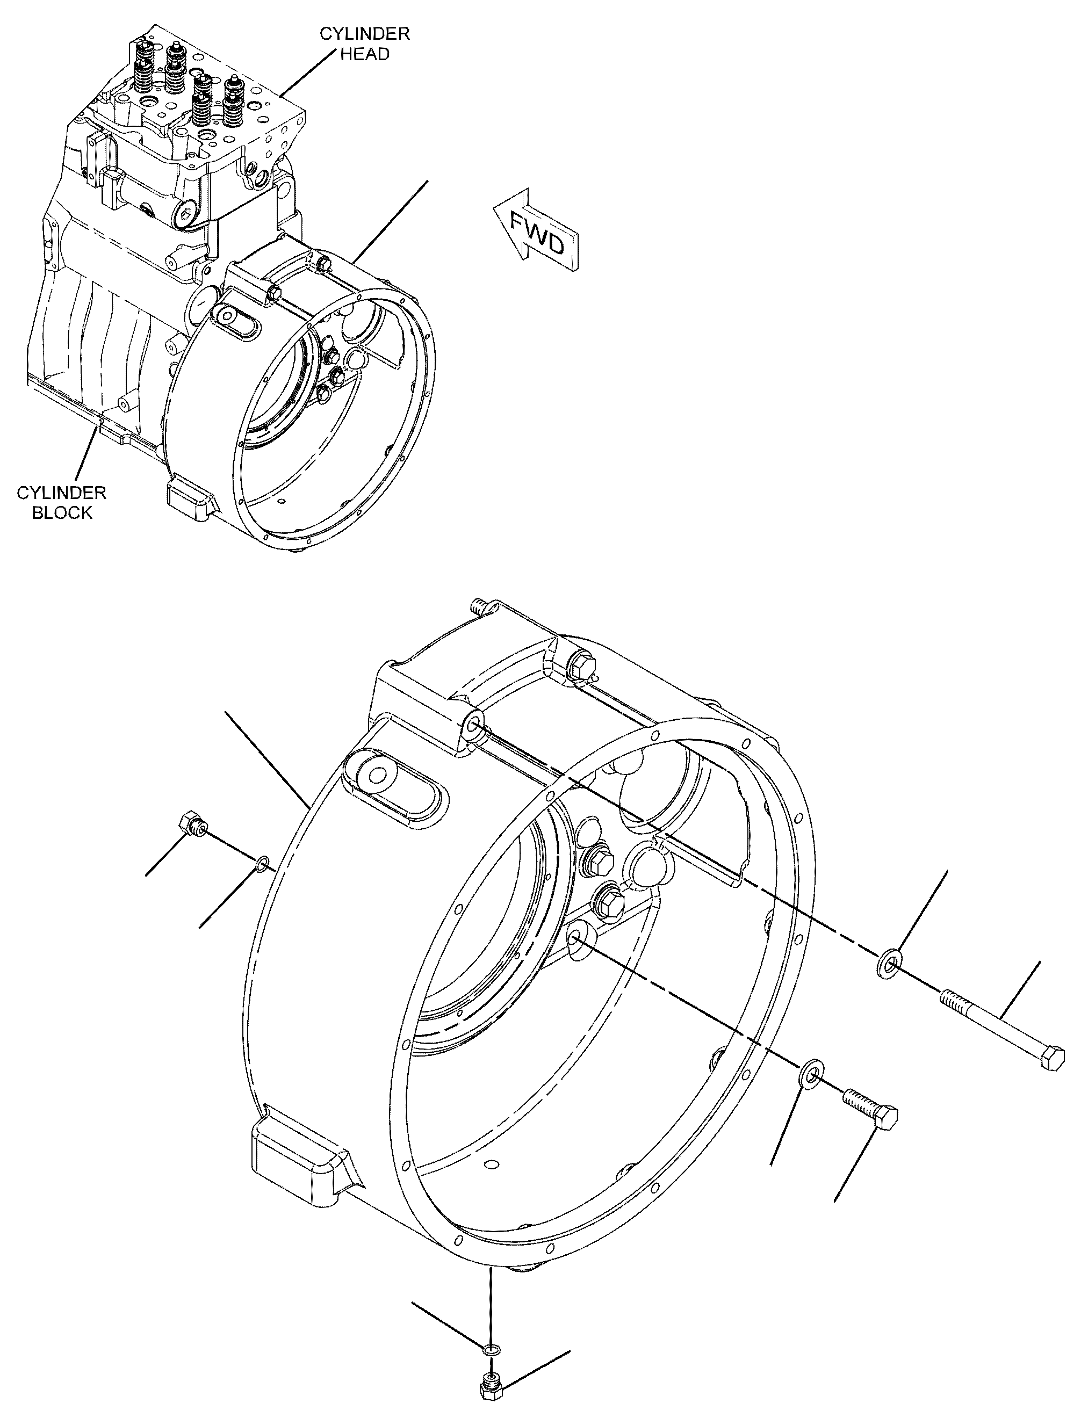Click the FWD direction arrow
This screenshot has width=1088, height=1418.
coord(535,230)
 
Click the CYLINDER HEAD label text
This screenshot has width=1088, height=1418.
coord(365,44)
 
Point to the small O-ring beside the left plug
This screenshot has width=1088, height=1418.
coord(261,863)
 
